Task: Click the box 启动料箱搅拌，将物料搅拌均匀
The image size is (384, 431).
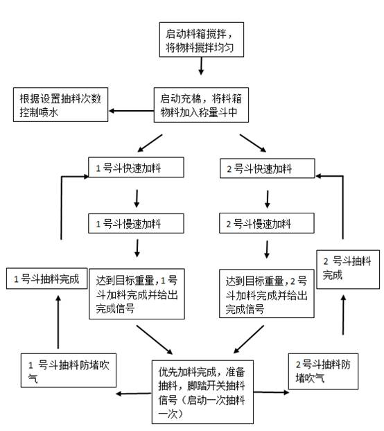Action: point(200,39)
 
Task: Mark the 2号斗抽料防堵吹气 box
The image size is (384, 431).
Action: point(325,370)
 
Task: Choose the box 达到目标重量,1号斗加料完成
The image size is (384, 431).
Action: point(137,294)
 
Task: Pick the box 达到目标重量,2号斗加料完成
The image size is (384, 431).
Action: point(267,294)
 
